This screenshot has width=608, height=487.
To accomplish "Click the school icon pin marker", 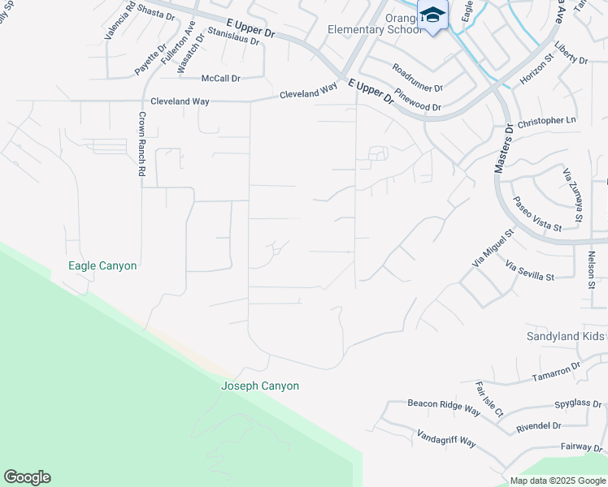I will (x=432, y=15).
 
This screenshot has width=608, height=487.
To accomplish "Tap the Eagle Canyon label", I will (x=102, y=265).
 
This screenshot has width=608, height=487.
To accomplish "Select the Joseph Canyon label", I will (x=260, y=386).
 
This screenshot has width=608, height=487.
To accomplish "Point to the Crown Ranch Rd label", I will (x=141, y=144).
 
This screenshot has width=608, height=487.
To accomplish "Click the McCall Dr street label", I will (x=221, y=79).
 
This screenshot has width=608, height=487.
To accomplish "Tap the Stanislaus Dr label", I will (x=233, y=35).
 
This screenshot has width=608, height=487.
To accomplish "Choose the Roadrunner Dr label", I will (x=417, y=77).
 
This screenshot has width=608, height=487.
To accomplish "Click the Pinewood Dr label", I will (x=418, y=100).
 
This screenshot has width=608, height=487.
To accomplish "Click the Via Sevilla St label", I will (x=529, y=271).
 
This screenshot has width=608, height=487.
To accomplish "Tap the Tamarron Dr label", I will (x=556, y=372).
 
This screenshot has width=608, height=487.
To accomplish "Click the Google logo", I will (x=27, y=477).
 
